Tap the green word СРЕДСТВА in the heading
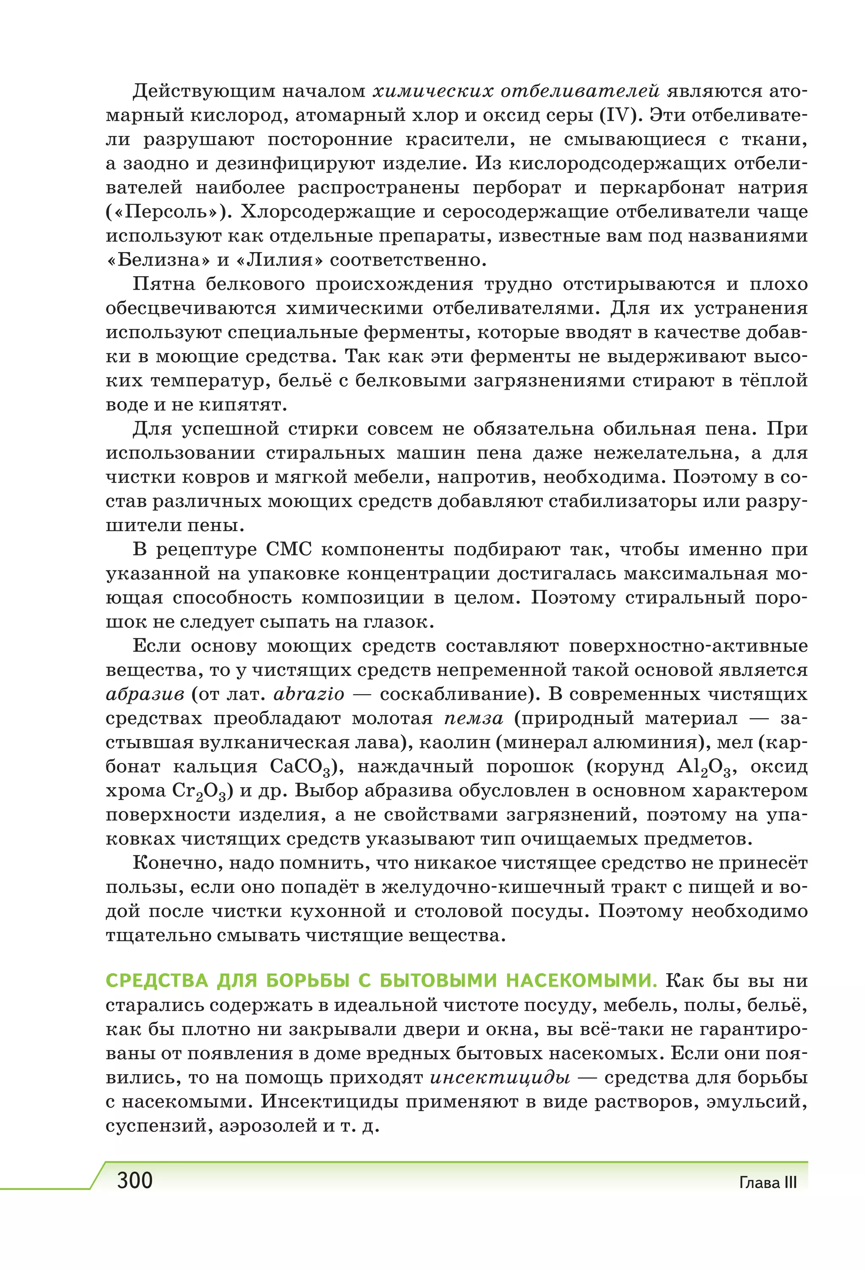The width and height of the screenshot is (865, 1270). pyautogui.click(x=157, y=981)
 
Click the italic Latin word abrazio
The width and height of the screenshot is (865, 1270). pyautogui.click(x=309, y=695)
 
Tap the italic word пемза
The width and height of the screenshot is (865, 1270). pyautogui.click(x=473, y=719)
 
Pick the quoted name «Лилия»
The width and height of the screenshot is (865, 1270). pyautogui.click(x=279, y=260)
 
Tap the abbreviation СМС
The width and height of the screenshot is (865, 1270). pyautogui.click(x=289, y=550)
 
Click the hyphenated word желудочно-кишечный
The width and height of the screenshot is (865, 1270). pyautogui.click(x=492, y=887)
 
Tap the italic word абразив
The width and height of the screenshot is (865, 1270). pyautogui.click(x=145, y=695)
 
